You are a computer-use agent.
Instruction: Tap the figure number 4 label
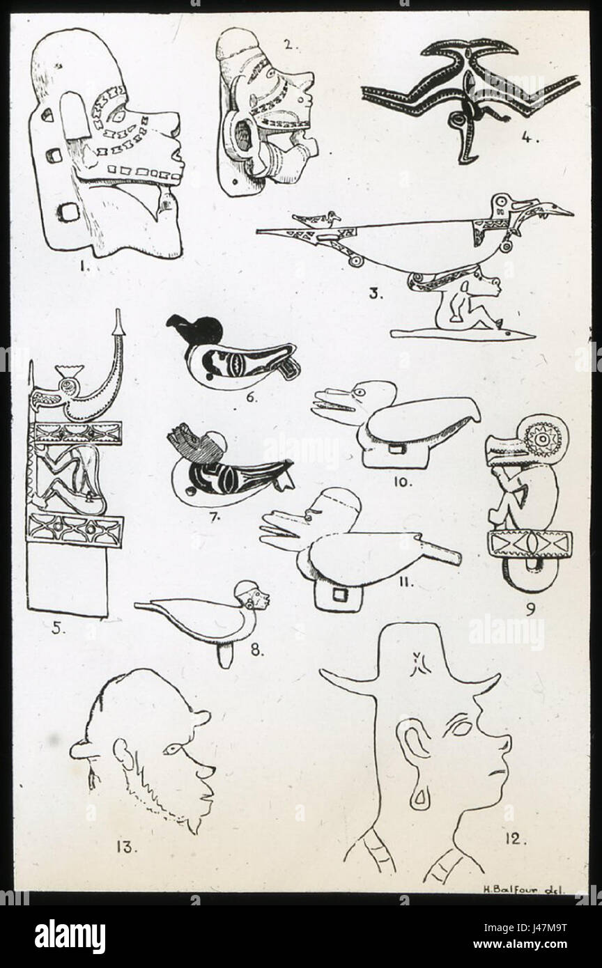[529, 138]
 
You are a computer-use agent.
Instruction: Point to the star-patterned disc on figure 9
[541, 438]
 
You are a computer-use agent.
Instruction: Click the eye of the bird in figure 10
[360, 392]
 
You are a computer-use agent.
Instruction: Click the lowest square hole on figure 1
[69, 213]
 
